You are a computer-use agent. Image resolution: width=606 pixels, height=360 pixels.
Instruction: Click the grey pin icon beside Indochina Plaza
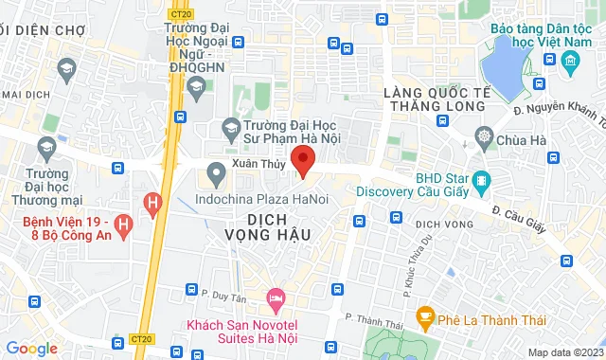216,172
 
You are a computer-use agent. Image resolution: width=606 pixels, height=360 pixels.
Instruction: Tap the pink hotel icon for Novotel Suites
275,298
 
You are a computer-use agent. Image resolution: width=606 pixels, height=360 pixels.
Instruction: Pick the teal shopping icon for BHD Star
481,178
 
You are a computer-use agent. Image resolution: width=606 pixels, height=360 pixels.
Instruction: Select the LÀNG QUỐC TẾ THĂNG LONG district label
436,99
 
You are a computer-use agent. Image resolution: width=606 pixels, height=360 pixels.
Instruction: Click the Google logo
31,349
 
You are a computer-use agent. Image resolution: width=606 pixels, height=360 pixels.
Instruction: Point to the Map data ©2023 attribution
564,353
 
